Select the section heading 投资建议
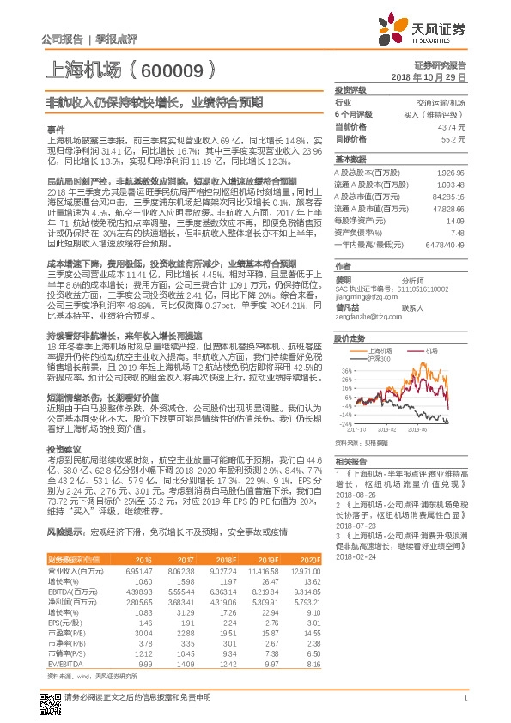click(61, 449)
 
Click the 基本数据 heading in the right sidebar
click(350, 160)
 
